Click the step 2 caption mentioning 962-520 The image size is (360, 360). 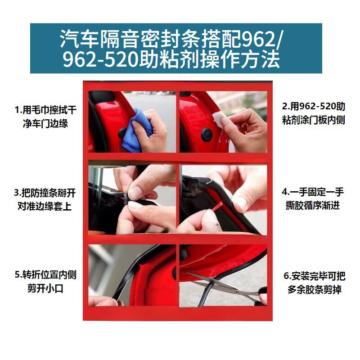[314, 113]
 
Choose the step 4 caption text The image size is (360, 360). [313, 198]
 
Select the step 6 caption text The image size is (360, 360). [314, 283]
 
